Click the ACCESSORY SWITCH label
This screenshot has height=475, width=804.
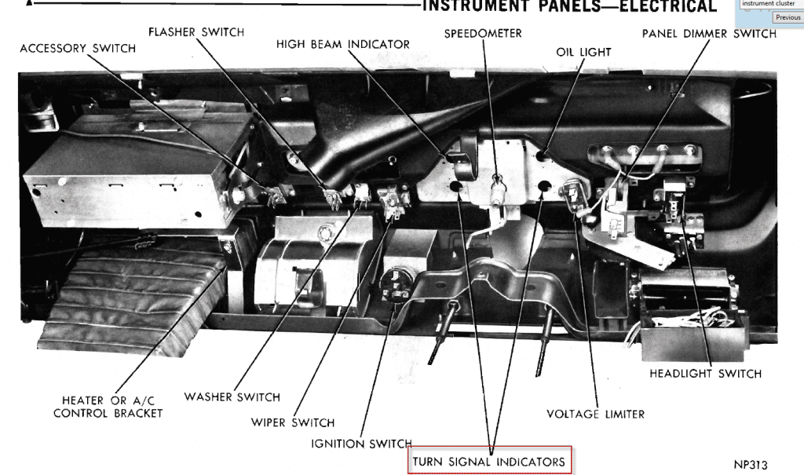point(78,49)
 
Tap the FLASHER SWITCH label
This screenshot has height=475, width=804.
point(196,32)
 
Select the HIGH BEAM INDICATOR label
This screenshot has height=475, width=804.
point(343,45)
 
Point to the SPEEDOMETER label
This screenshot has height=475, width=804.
point(483,34)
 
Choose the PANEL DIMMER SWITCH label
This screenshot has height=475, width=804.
point(709,34)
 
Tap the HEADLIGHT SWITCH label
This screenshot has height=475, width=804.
point(705,374)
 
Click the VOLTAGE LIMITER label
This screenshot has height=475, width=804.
point(595,414)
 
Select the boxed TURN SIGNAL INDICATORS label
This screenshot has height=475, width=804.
point(489,461)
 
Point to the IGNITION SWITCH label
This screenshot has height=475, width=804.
point(361,444)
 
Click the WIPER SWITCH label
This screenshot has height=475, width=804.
point(293,422)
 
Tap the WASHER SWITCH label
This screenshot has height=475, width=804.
point(232,396)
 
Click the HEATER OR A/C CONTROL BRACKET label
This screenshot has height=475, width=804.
point(108,407)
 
